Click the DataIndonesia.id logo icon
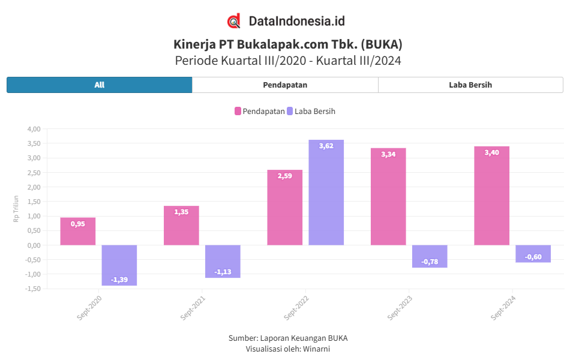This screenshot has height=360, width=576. point(234,21)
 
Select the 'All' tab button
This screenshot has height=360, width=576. point(100,85)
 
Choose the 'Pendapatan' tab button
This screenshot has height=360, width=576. point(285,85)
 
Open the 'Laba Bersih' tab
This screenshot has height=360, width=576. point(470,85)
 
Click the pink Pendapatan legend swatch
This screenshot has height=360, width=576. point(238,111)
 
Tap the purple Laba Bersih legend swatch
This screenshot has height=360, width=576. point(290,111)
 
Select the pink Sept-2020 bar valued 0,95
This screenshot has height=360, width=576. point(78,232)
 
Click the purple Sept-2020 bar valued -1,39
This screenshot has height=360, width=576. point(119,265)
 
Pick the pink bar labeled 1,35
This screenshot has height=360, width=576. point(181,226)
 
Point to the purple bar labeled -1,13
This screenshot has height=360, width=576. point(223,262)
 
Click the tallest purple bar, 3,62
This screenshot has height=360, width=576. point(326,192)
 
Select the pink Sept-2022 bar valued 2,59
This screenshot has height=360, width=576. point(285,208)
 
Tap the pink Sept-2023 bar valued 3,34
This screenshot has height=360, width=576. point(388,197)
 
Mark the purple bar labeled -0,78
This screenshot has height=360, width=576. point(430,256)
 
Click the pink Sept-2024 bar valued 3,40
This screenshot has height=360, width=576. point(491,196)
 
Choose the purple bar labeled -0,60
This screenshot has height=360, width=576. point(533,254)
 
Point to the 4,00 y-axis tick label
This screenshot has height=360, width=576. point(34,129)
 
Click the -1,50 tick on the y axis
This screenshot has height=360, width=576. point(32,289)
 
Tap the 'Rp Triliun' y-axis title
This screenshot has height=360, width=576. point(16,209)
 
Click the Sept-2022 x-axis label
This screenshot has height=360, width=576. point(296,307)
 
